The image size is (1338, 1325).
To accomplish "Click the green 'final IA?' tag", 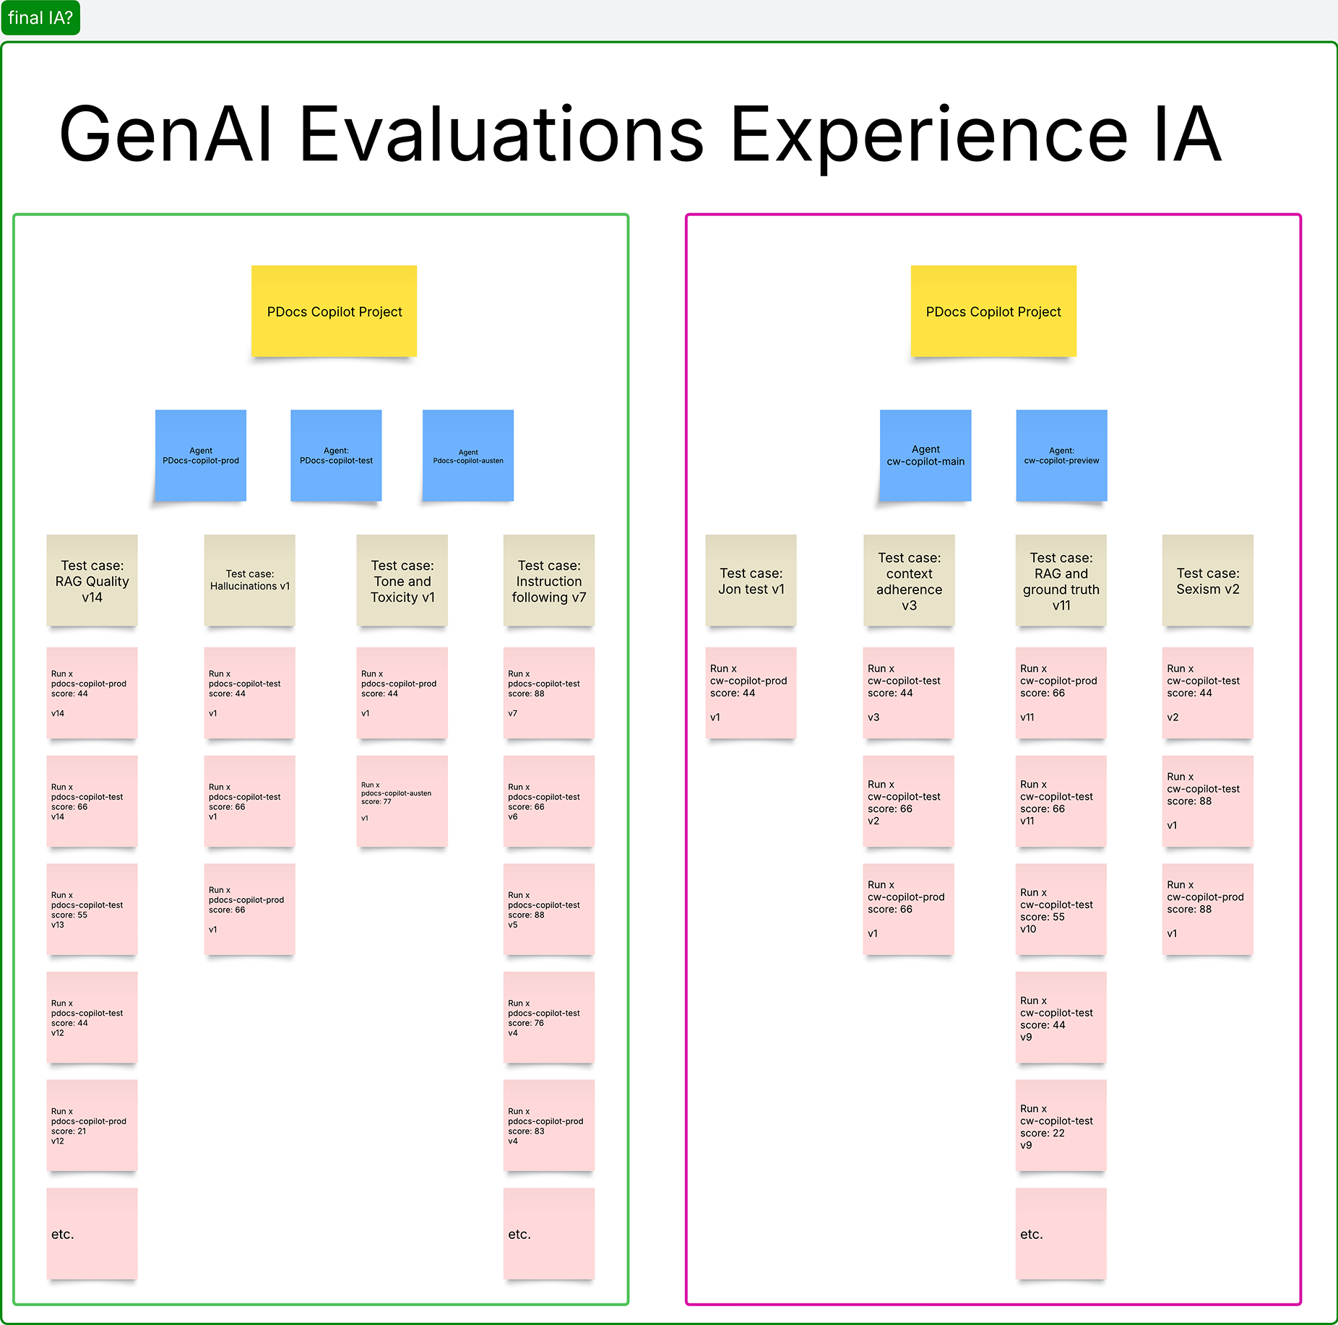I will (40, 17).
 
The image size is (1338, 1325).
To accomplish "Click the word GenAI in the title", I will (166, 134).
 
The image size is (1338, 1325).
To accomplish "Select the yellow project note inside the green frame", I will (334, 311).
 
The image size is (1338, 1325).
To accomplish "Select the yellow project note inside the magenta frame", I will (993, 311).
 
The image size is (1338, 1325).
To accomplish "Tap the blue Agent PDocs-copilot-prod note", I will (201, 456).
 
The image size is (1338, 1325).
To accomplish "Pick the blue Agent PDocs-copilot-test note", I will (336, 456).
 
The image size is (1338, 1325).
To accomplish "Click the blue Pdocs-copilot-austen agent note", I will (468, 456).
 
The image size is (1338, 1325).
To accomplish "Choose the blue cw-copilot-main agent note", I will (925, 456).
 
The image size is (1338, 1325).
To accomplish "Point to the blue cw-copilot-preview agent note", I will (1061, 456).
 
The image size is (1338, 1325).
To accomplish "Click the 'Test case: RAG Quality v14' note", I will (92, 581).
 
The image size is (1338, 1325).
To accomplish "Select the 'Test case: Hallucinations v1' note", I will (249, 581).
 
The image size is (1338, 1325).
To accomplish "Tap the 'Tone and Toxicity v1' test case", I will (402, 581).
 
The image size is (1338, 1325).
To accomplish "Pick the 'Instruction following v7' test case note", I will (548, 581).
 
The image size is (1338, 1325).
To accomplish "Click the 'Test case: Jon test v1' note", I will (751, 581).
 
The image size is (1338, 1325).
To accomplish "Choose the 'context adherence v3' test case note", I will (909, 581).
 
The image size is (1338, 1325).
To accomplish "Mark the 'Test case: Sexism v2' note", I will (1207, 581).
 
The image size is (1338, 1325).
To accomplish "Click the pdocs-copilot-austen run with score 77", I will (402, 801).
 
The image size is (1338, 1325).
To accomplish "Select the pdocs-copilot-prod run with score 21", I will (92, 1126).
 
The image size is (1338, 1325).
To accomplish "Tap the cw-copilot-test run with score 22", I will (1061, 1126).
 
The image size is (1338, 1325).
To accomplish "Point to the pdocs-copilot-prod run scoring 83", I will (548, 1126).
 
